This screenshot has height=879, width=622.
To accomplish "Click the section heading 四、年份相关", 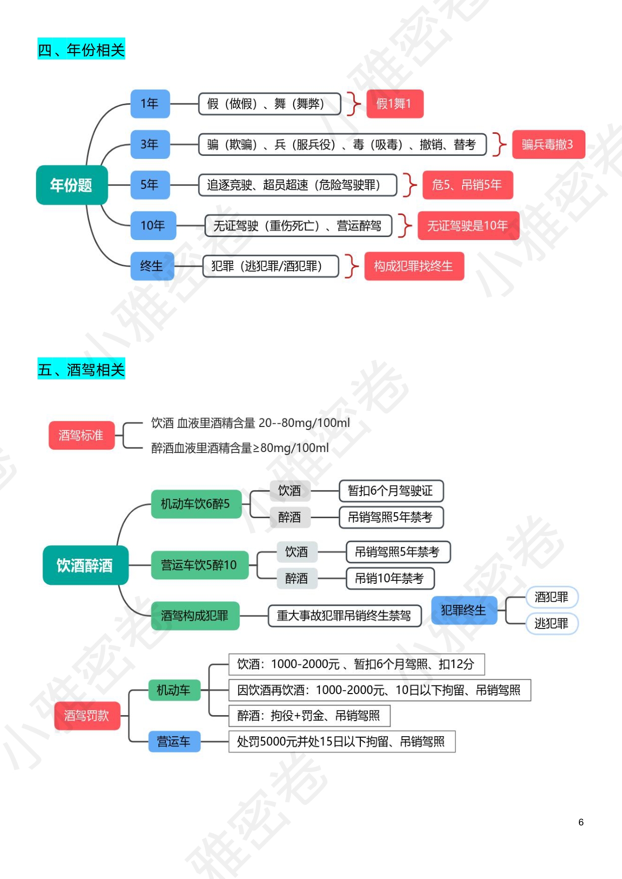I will [81, 49].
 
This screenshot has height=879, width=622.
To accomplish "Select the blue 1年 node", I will [150, 104].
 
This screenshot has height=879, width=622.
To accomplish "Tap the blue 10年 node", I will [153, 226].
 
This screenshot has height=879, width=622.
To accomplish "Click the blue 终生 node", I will [152, 266].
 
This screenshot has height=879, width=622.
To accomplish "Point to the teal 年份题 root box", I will [72, 185].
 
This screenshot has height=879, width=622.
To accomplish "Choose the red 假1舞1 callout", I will [394, 104].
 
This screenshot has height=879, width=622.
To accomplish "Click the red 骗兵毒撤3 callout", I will [548, 144].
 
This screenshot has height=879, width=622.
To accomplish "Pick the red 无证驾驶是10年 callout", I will [468, 226].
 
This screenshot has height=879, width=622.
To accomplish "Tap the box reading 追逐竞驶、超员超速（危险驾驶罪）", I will [297, 185].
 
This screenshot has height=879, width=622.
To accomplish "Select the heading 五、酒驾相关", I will [81, 369].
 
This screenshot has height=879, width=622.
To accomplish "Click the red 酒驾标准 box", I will [81, 435].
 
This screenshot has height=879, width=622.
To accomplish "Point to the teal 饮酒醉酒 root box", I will [85, 565].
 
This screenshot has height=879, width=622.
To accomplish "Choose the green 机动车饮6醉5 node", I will [196, 504].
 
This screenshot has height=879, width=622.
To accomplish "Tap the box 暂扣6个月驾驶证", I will [391, 491].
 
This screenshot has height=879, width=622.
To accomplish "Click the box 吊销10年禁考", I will [390, 578].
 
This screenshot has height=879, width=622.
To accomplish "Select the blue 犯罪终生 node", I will [464, 610].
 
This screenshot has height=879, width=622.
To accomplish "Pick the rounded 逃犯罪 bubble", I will [551, 623].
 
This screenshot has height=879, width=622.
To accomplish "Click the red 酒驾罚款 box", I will [87, 716].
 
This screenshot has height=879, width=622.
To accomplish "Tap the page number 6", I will [581, 822].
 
